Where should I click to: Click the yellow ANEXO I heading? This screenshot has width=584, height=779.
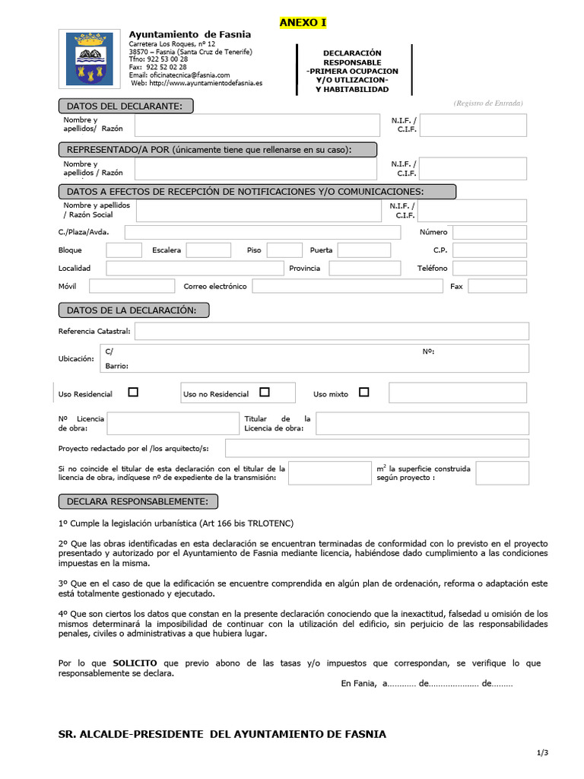[303, 23]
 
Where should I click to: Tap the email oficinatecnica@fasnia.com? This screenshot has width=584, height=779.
[179, 75]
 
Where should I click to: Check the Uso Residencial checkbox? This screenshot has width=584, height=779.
[133, 393]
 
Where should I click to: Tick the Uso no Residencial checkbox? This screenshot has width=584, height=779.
[265, 393]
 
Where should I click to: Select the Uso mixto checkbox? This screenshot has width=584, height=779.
[363, 393]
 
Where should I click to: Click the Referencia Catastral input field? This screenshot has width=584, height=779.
[332, 331]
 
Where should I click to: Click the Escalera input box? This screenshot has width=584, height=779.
[208, 250]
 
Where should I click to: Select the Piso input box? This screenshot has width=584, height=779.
[284, 250]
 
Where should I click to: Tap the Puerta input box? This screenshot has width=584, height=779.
[363, 250]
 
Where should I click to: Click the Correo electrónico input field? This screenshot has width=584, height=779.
[347, 286]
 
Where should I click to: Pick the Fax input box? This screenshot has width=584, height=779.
[497, 286]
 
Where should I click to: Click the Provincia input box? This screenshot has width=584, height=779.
[359, 269]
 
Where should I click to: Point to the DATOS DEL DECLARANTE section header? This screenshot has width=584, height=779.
[125, 106]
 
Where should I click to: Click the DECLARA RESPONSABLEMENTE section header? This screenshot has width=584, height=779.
[138, 501]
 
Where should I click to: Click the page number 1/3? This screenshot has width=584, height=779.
[542, 753]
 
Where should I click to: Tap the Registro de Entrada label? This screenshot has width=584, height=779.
[488, 103]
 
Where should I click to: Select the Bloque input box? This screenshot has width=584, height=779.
[124, 250]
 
